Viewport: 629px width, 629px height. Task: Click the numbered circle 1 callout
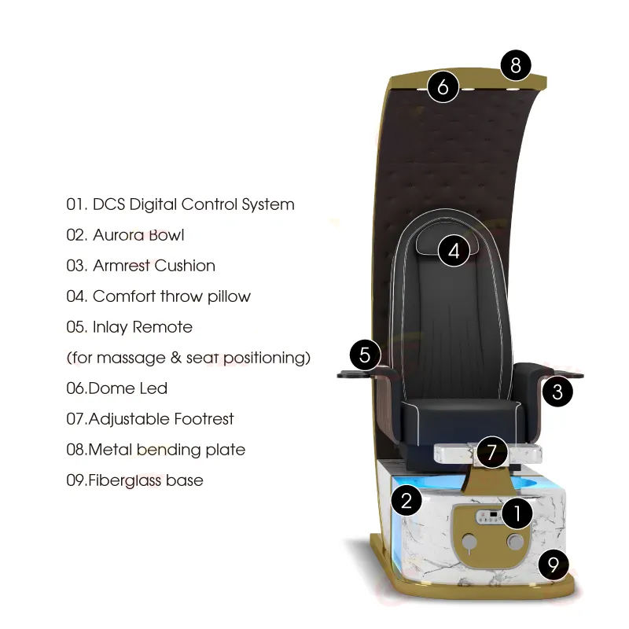pyautogui.click(x=517, y=514)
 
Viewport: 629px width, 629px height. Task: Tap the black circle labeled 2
pyautogui.click(x=406, y=501)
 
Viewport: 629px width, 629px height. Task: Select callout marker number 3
pyautogui.click(x=557, y=391)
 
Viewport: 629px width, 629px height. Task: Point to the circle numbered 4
pyautogui.click(x=454, y=252)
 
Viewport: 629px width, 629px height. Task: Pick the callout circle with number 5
pyautogui.click(x=365, y=355)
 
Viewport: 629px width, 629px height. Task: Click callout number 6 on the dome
pyautogui.click(x=443, y=86)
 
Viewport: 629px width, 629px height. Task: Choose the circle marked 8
pyautogui.click(x=516, y=65)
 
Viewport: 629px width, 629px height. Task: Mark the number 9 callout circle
pyautogui.click(x=554, y=564)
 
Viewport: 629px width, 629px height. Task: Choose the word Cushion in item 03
pyautogui.click(x=185, y=266)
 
